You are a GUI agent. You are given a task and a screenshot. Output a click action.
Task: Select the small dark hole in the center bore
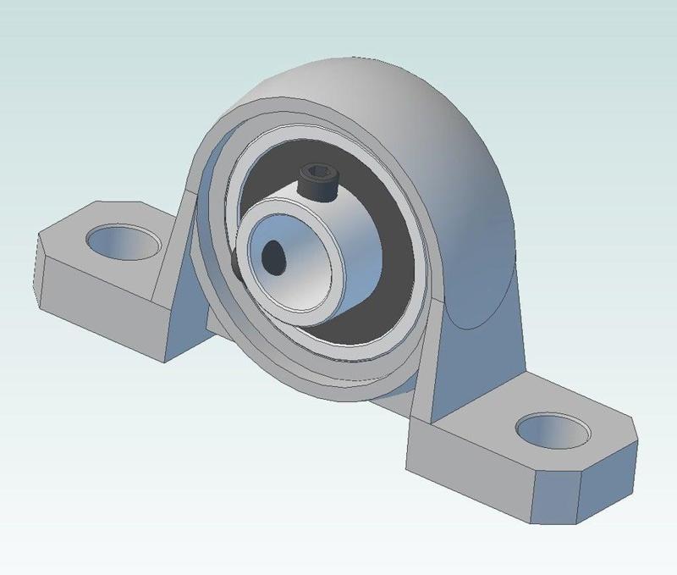pos(275,255)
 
